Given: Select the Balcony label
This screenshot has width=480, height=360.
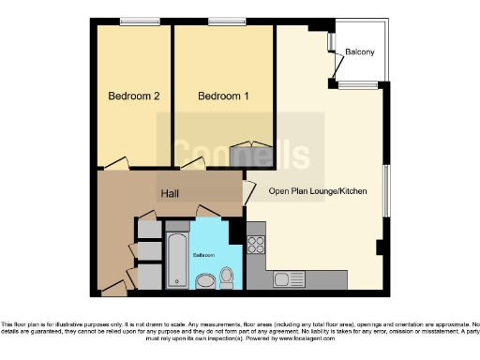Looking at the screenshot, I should (361, 52).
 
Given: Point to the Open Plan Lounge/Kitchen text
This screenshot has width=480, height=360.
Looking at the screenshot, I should (317, 191).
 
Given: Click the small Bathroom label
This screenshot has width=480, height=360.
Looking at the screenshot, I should (204, 255).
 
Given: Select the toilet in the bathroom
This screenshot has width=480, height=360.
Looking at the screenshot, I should (226, 276).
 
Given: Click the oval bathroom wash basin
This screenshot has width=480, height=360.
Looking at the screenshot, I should (204, 280).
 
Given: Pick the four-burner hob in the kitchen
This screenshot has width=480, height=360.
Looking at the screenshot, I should (256, 247).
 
